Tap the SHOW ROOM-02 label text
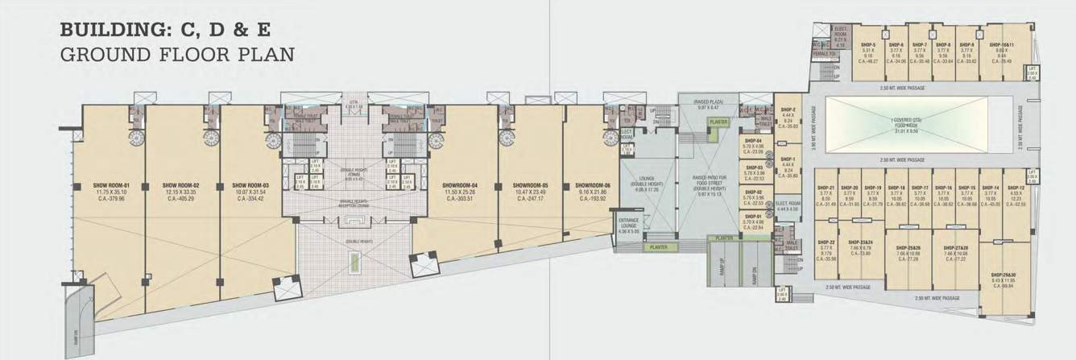click(180, 185)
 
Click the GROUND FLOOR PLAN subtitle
click(177, 55)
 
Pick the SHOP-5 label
click(868, 44)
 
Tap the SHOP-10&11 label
click(1002, 44)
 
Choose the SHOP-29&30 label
click(1003, 275)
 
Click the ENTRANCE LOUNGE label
click(628, 220)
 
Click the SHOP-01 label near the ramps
click(754, 217)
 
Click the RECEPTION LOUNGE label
click(354, 205)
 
